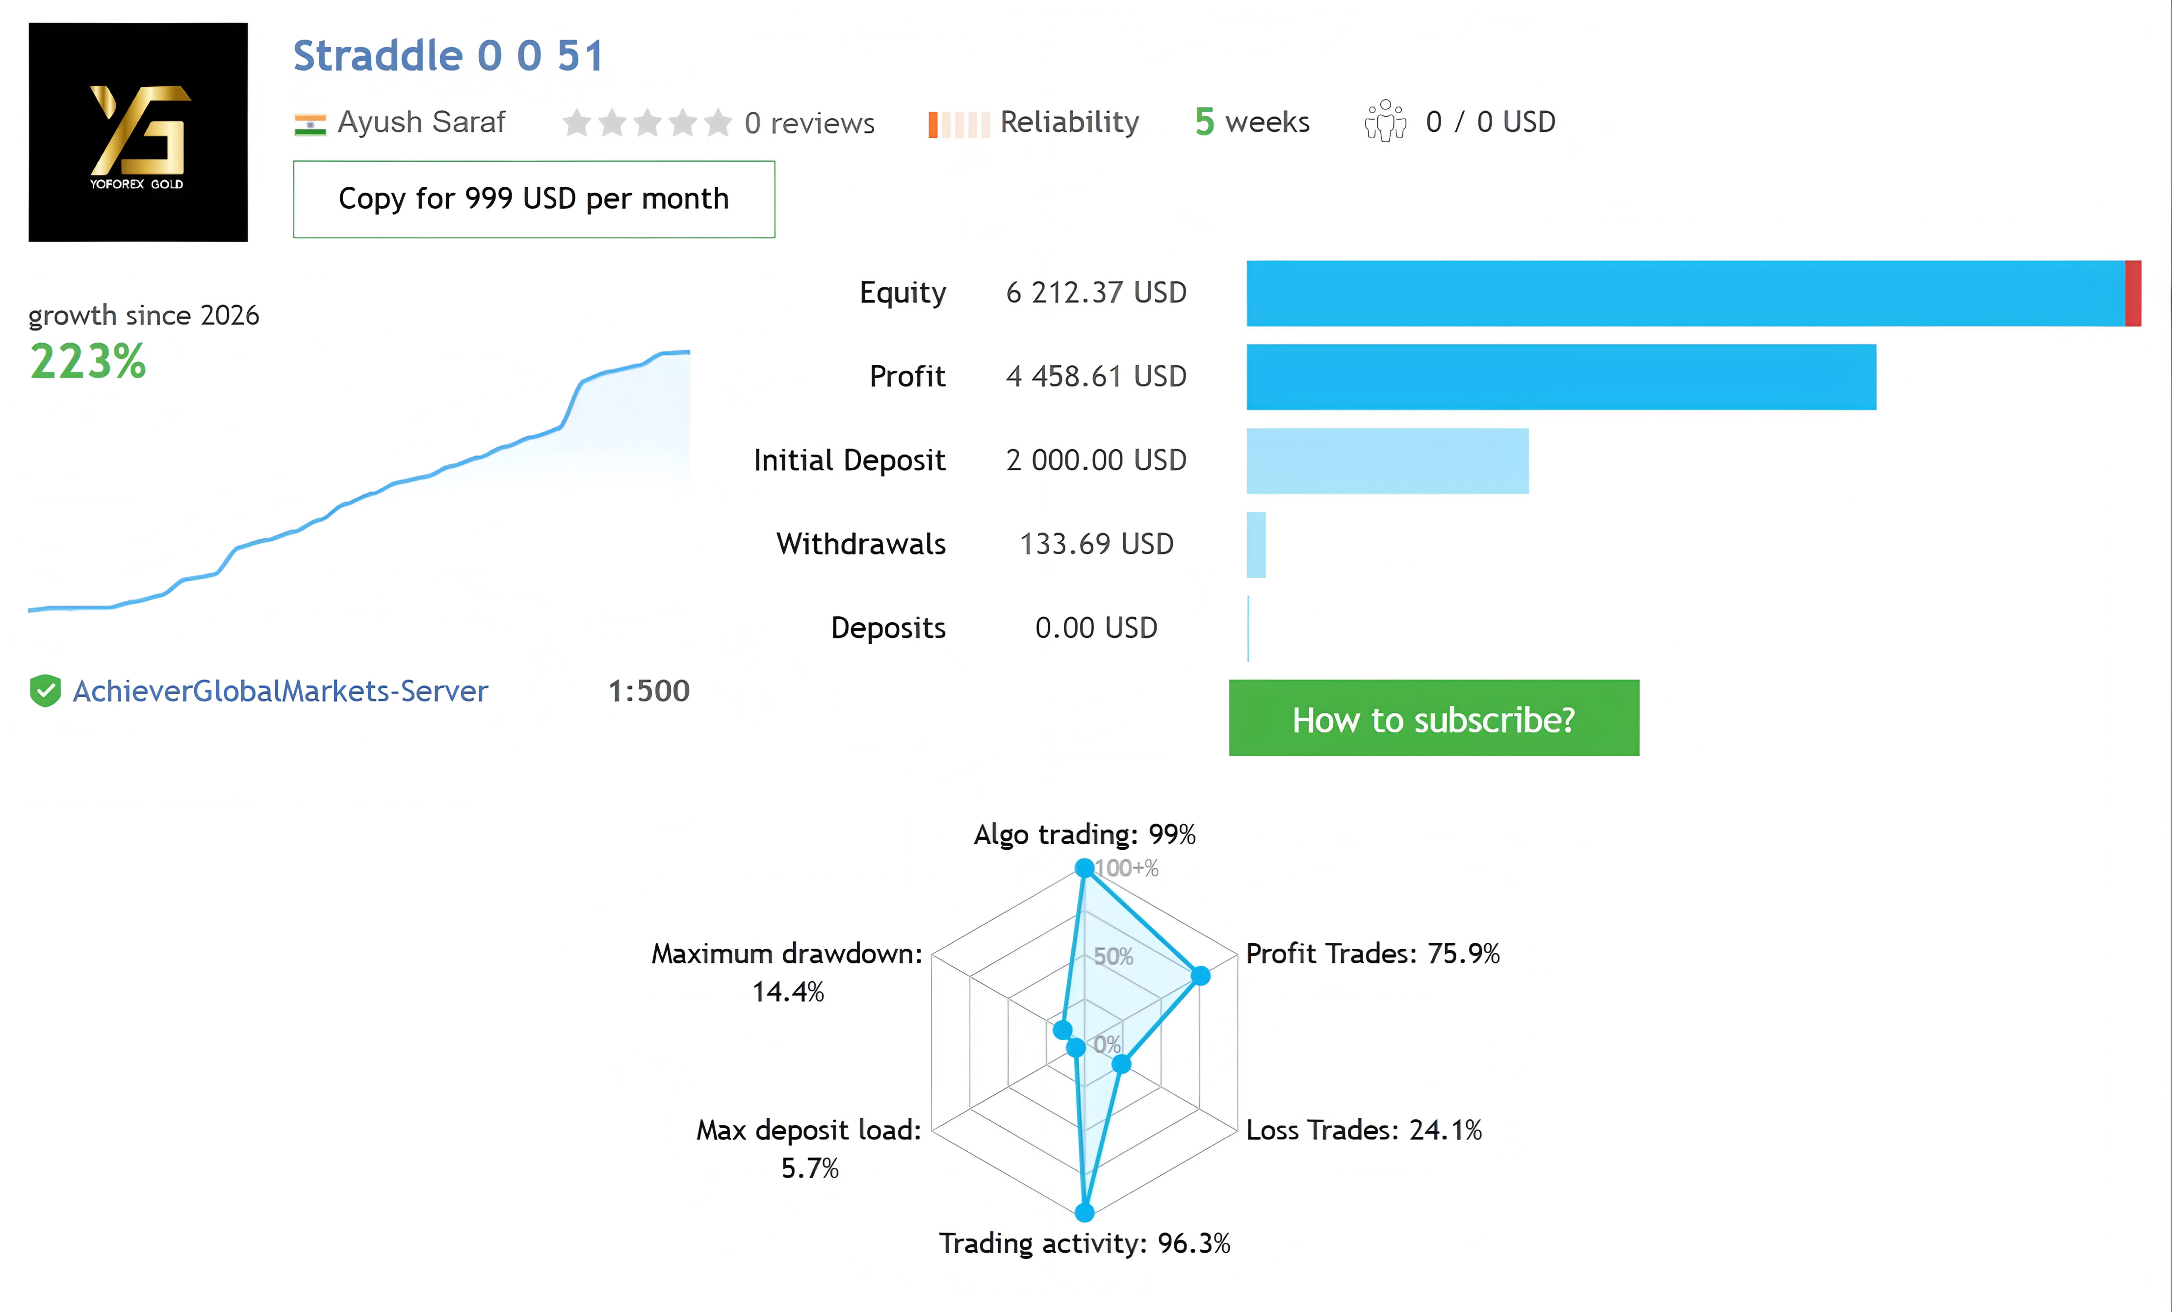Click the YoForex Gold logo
[138, 132]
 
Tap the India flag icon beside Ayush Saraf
[310, 124]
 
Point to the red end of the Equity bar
[2133, 293]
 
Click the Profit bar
[1561, 377]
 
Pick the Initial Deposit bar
[1388, 461]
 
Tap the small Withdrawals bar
[1256, 545]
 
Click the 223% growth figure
[88, 361]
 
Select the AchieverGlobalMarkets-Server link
[280, 691]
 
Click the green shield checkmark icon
[45, 691]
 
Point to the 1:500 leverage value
[649, 691]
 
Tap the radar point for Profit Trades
[1201, 975]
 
